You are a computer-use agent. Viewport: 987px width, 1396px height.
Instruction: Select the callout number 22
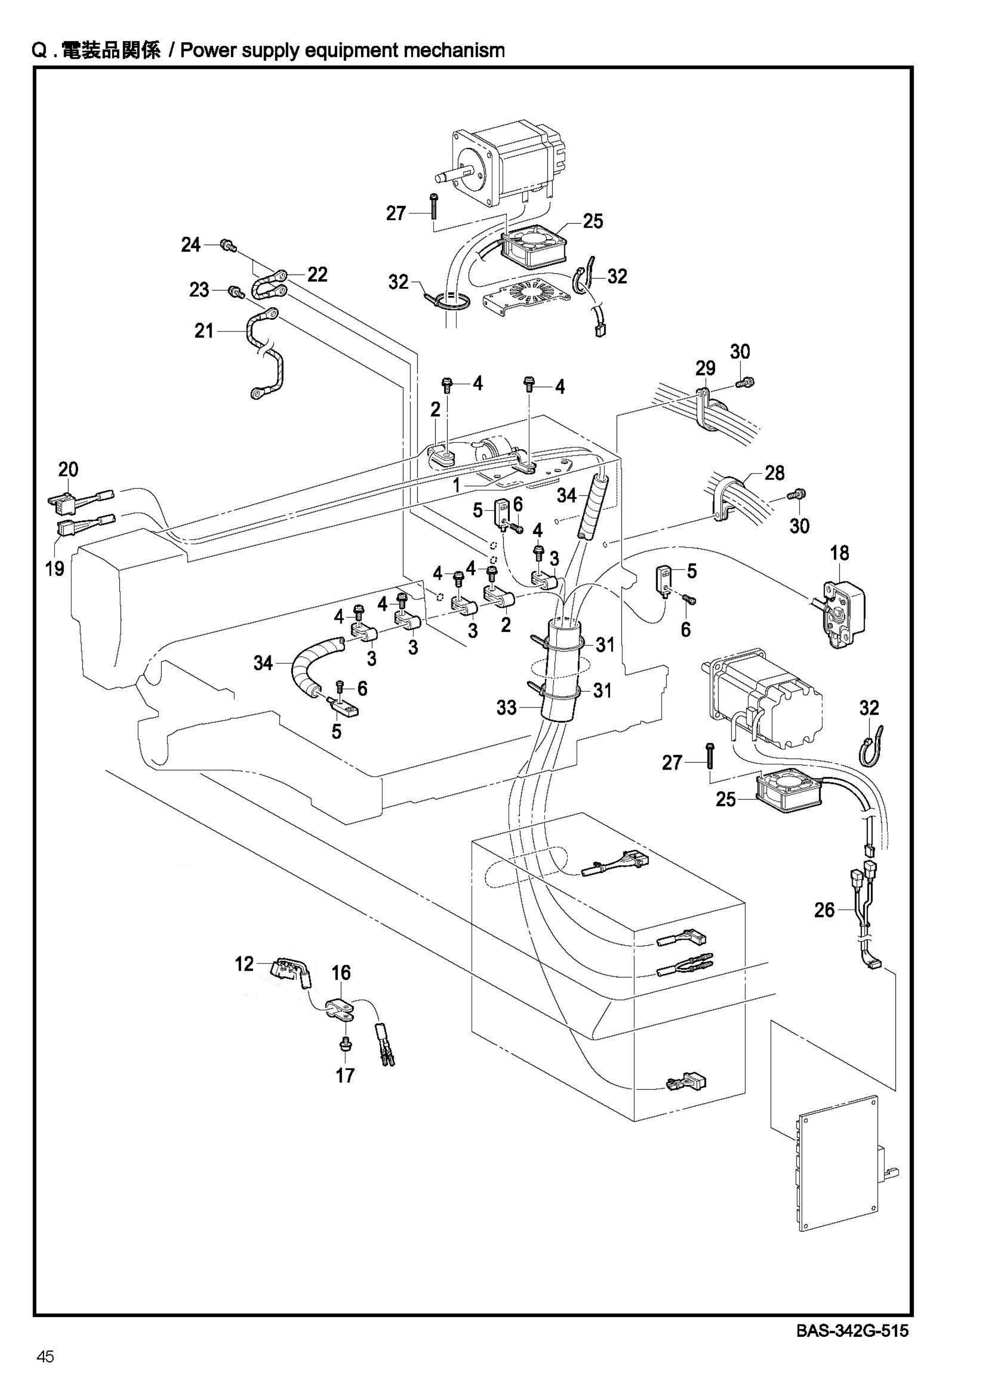coord(317,275)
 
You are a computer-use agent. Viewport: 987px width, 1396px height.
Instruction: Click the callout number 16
coord(341,973)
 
